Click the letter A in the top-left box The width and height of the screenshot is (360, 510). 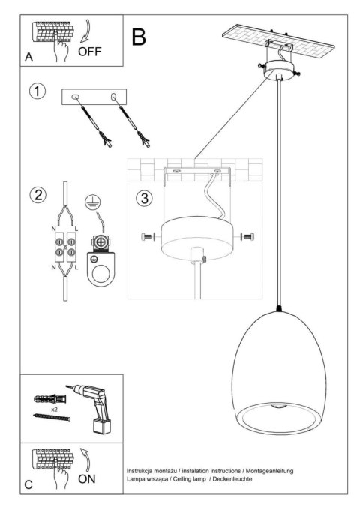coord(29,57)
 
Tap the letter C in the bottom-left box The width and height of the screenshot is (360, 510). coord(28,485)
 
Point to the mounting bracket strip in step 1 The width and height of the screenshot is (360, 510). coord(95,97)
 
